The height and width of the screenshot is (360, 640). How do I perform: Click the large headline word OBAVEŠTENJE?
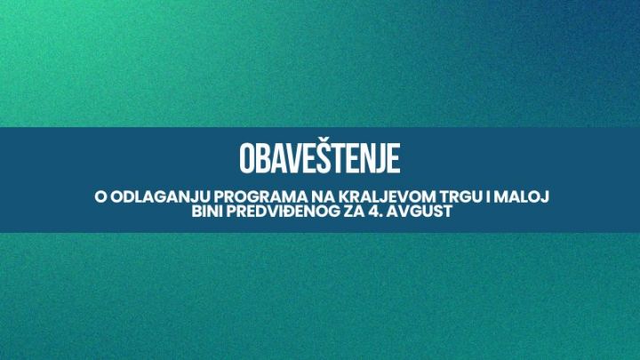(320, 157)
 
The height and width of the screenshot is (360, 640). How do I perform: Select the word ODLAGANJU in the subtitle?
(161, 196)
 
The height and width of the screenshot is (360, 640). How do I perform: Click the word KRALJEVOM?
(388, 196)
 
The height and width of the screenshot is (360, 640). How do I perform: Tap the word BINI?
(207, 212)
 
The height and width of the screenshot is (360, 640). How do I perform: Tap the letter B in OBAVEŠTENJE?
(263, 158)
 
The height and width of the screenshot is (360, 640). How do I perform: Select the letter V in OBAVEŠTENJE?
(293, 158)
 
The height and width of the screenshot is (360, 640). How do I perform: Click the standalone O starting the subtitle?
(100, 196)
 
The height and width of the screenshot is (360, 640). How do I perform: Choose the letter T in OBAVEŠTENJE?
(338, 158)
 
